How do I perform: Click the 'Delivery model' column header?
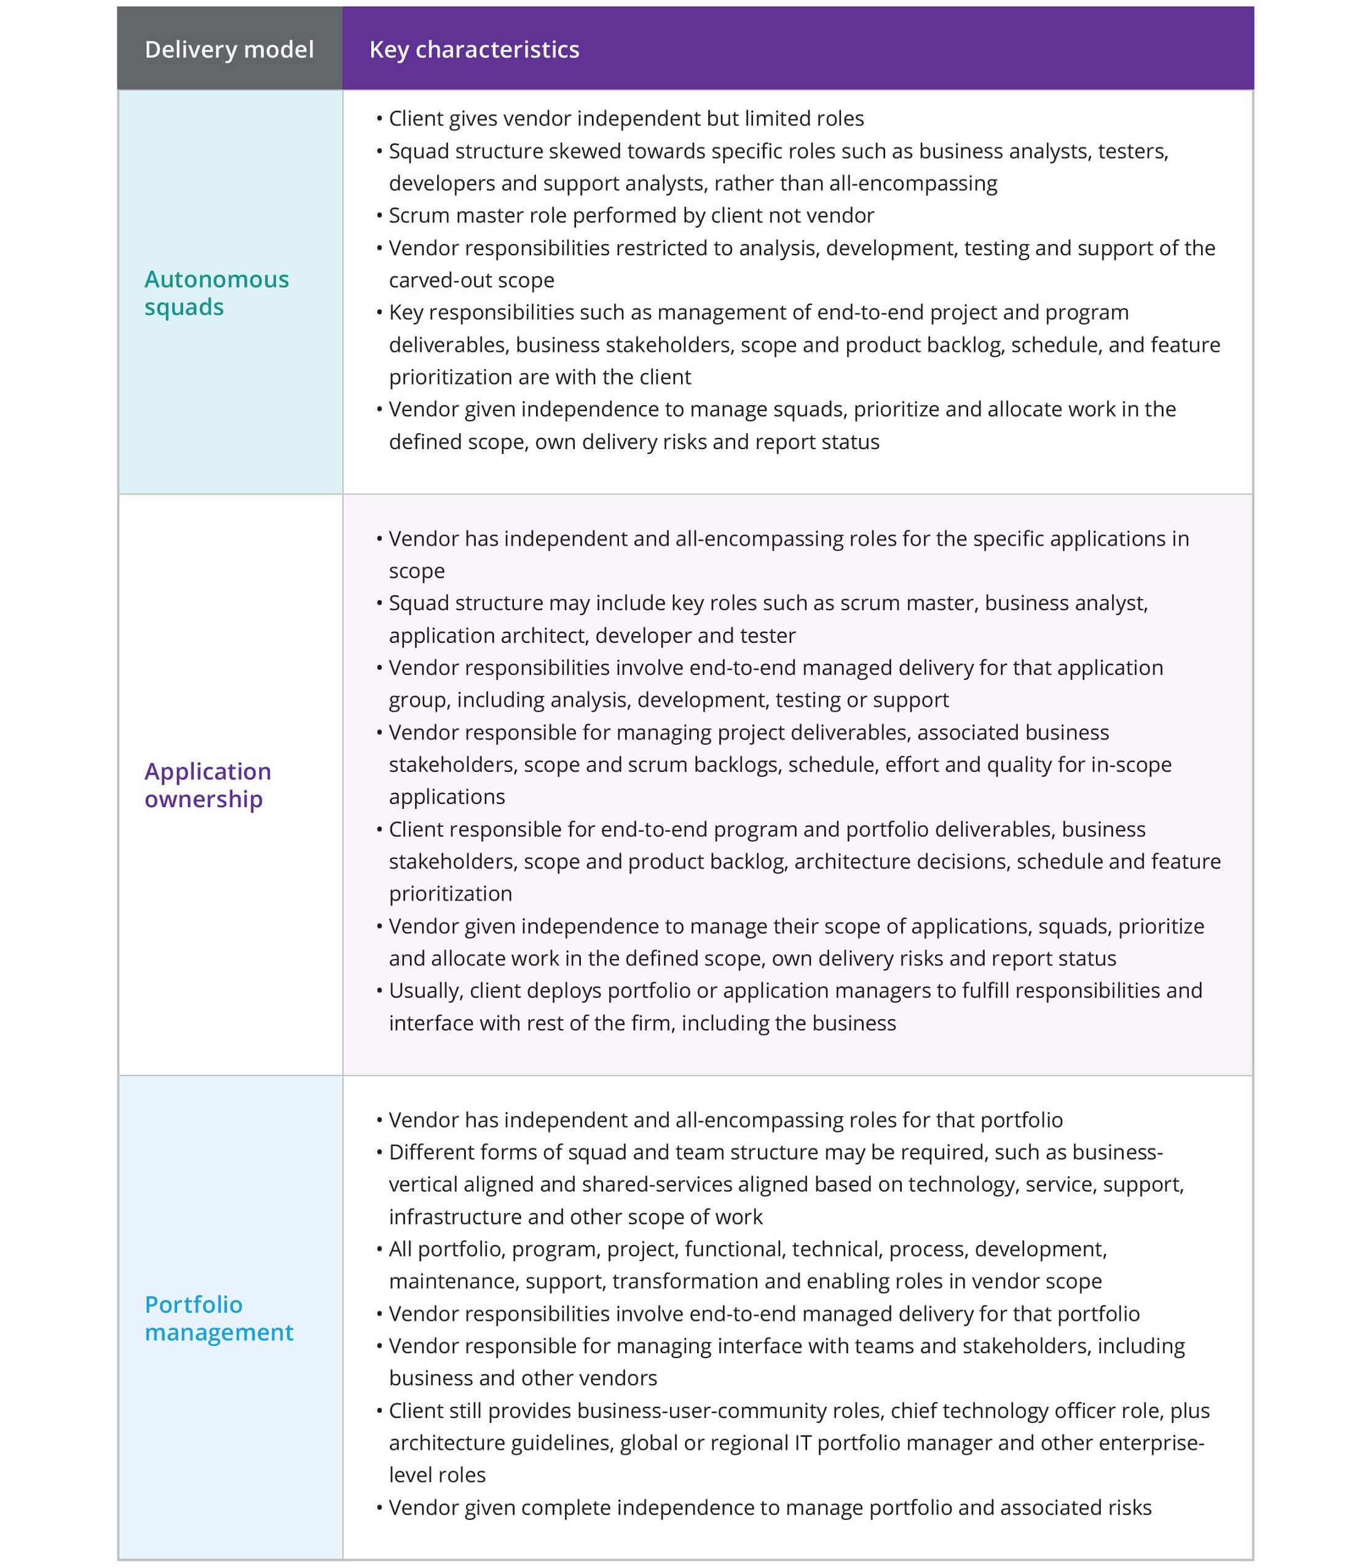(x=229, y=50)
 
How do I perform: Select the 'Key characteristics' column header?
(x=474, y=50)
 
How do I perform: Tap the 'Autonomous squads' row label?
(x=216, y=293)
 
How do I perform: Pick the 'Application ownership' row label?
(x=208, y=784)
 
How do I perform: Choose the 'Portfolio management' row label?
(x=218, y=1318)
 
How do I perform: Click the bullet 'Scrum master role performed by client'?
(x=631, y=215)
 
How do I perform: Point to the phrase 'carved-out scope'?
(x=471, y=280)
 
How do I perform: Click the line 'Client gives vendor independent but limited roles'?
(x=626, y=119)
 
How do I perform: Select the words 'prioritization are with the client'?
(x=539, y=377)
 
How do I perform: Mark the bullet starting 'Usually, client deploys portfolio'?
(x=795, y=990)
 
